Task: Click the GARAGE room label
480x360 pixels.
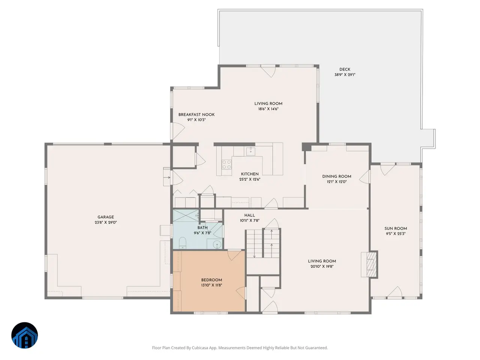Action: click(106, 217)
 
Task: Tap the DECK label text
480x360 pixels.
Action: click(345, 69)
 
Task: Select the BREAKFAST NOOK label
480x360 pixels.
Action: click(196, 114)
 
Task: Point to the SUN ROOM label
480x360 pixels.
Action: click(396, 228)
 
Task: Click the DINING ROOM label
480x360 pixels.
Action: click(336, 176)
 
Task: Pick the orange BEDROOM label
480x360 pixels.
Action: click(211, 280)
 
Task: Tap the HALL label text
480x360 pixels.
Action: click(249, 215)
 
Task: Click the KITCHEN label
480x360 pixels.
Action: click(250, 174)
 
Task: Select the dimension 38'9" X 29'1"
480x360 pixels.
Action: click(345, 75)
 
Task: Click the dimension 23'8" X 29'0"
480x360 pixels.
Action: click(106, 222)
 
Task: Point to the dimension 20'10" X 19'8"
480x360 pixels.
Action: click(322, 267)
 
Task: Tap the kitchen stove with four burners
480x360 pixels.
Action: click(226, 164)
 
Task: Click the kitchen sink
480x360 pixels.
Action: click(250, 151)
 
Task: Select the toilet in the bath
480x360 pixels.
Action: click(182, 243)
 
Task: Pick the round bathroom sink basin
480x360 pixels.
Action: click(217, 244)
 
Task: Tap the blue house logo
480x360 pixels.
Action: click(24, 335)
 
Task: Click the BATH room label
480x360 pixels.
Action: click(202, 228)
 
